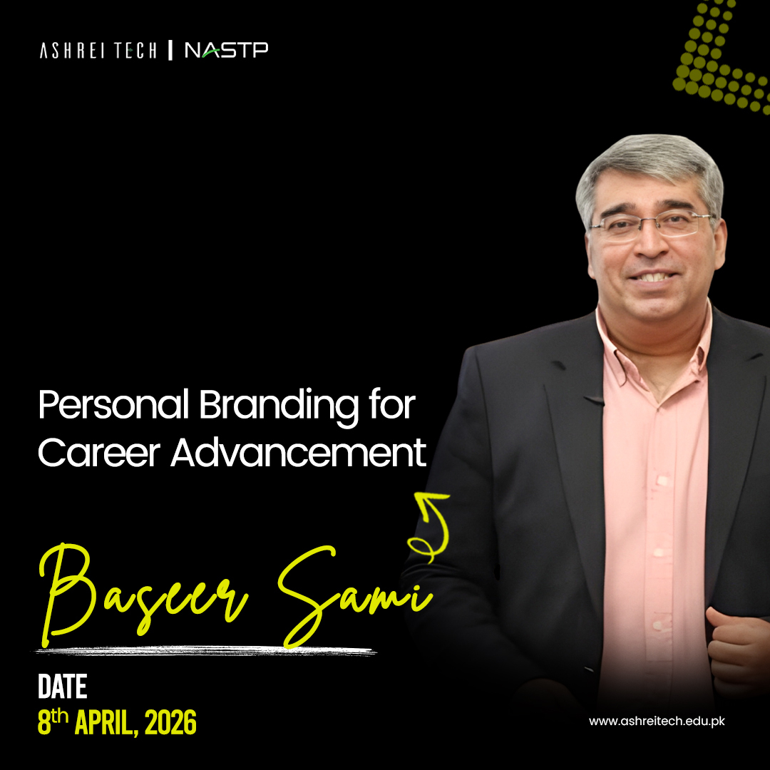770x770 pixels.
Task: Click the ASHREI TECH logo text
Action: (98, 51)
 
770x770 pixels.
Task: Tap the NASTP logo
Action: (227, 50)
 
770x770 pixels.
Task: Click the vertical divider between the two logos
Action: (170, 50)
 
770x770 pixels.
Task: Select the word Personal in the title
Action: (113, 406)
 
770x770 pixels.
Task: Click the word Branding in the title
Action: (279, 408)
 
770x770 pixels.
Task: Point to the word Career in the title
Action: (99, 452)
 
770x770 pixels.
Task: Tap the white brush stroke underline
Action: (206, 651)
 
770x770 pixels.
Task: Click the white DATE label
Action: (62, 687)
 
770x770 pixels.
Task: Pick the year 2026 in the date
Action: (170, 723)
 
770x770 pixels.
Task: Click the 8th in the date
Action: (53, 722)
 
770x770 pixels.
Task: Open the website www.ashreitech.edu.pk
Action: (657, 721)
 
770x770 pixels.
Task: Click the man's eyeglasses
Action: (651, 225)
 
